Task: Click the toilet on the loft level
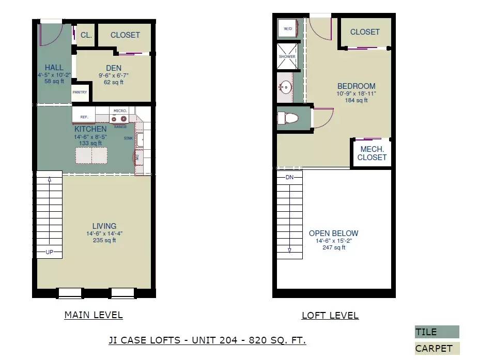point(287,118)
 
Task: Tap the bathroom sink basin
point(285,87)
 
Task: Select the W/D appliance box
point(288,28)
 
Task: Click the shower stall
point(287,56)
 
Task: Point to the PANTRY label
point(80,92)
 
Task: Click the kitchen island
point(91,155)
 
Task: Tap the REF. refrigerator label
point(84,117)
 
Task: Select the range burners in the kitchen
point(119,119)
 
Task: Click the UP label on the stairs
point(50,252)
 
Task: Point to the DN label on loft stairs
point(289,177)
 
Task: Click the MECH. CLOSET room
point(372,153)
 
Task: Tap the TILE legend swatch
point(437,332)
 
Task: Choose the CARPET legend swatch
point(437,349)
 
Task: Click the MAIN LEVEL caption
point(94,315)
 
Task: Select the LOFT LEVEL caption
point(330,315)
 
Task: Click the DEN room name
point(114,68)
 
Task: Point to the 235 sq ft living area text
point(104,240)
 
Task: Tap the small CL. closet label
point(86,35)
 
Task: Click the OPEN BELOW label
point(334,233)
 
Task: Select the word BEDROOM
point(357,86)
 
